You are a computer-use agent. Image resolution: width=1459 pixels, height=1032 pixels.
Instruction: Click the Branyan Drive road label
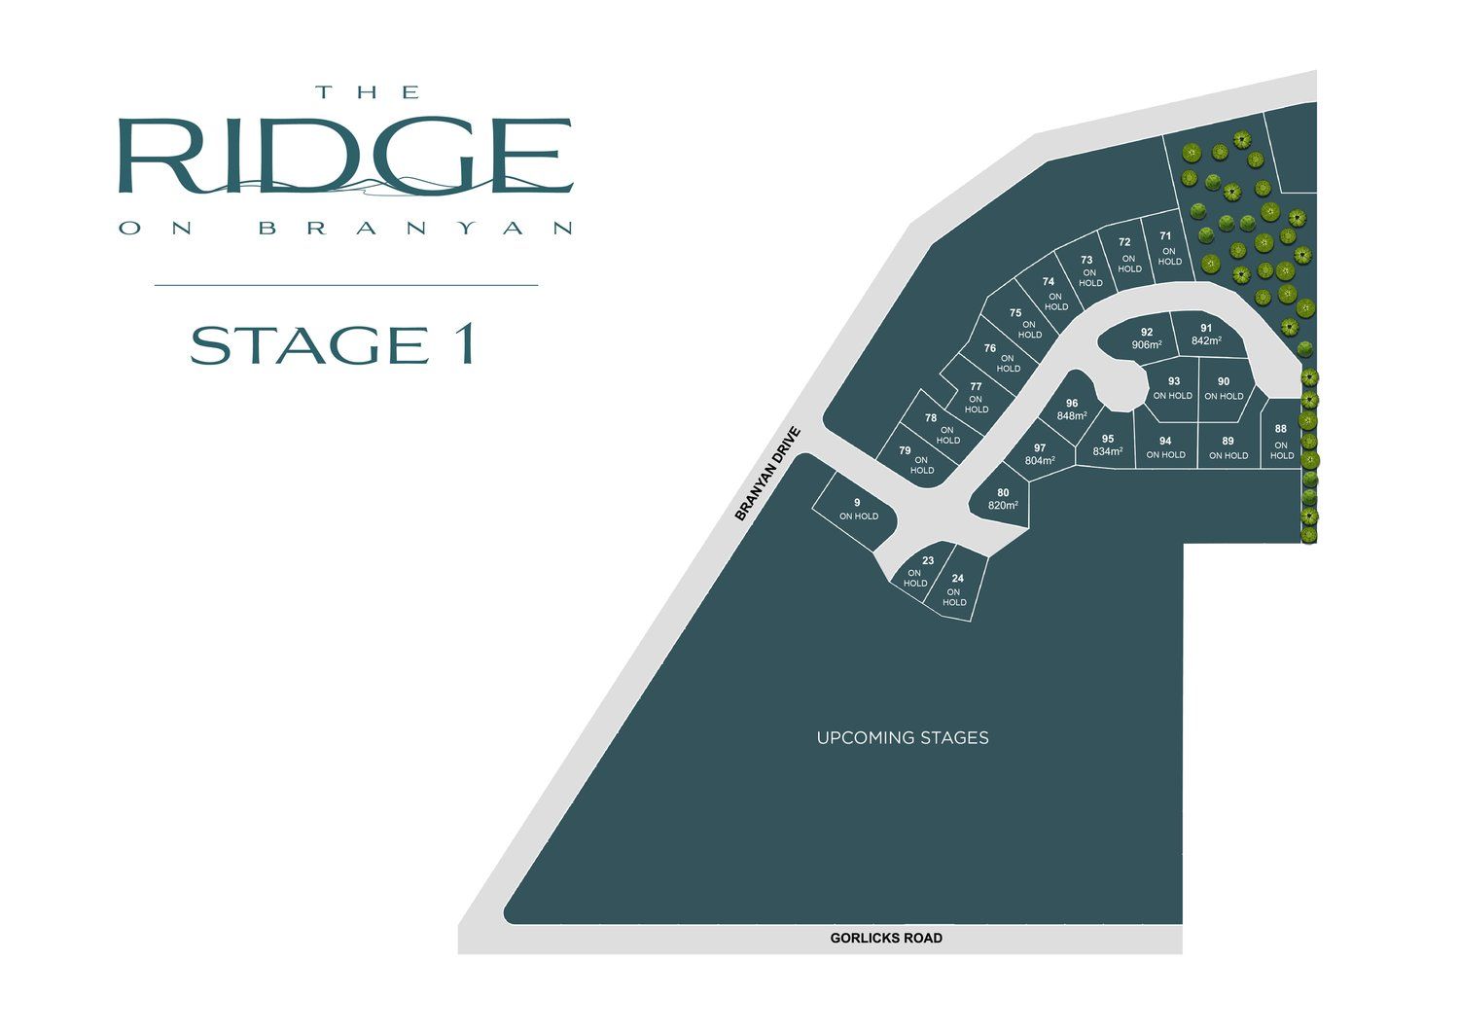pos(767,474)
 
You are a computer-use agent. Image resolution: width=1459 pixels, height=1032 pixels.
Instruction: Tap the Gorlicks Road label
pos(886,939)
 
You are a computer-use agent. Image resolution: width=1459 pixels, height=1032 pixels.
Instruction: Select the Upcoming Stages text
pos(903,738)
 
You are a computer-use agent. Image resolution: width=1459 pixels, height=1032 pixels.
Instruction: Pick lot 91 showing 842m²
pos(1206,335)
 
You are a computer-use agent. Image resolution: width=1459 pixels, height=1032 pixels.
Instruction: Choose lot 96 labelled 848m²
pos(1072,409)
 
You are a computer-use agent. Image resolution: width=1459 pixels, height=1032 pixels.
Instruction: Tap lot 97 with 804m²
pos(1040,454)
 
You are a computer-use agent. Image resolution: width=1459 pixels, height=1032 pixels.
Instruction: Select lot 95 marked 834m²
pos(1107,445)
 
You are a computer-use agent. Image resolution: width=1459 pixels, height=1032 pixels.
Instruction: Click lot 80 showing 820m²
pos(1003,499)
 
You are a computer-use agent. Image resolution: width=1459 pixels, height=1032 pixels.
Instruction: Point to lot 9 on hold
pos(858,509)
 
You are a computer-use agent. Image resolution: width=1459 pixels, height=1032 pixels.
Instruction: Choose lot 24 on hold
pos(956,590)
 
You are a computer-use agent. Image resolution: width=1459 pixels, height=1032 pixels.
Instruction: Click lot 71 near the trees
pos(1167,248)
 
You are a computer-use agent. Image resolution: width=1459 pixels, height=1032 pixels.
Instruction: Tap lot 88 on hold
pos(1281,442)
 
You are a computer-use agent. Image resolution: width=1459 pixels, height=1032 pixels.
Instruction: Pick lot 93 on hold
pos(1173,388)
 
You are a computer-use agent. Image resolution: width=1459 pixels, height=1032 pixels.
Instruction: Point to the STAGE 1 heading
pos(333,345)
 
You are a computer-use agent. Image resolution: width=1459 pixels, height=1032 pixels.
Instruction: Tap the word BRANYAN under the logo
pos(416,229)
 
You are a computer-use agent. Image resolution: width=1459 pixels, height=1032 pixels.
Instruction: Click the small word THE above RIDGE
pos(368,92)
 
